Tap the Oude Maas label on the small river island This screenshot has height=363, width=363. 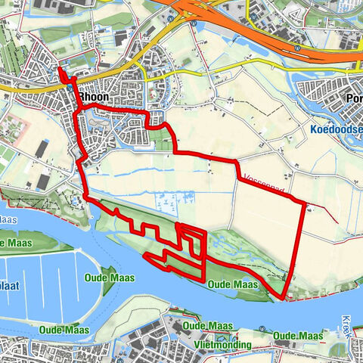112,278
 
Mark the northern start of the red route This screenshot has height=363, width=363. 60,70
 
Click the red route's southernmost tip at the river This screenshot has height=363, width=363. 283,297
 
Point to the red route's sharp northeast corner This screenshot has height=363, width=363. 306,204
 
